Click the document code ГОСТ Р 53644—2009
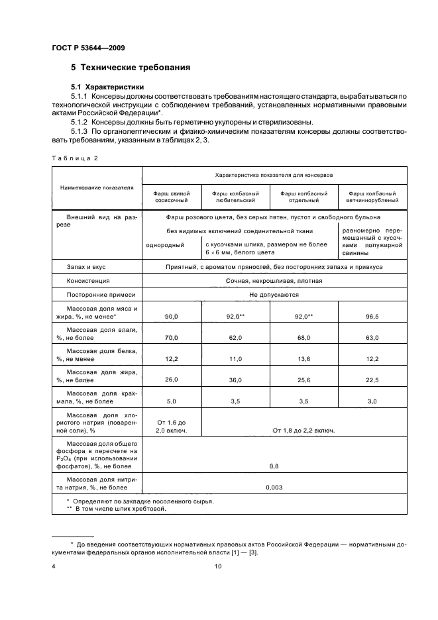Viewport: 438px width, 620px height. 88,47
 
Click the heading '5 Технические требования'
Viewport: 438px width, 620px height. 131,68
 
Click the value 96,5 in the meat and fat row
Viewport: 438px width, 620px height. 371,317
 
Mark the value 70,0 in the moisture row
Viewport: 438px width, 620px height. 172,338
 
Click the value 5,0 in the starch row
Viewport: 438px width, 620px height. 172,401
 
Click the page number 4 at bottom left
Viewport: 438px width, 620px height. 54,566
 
